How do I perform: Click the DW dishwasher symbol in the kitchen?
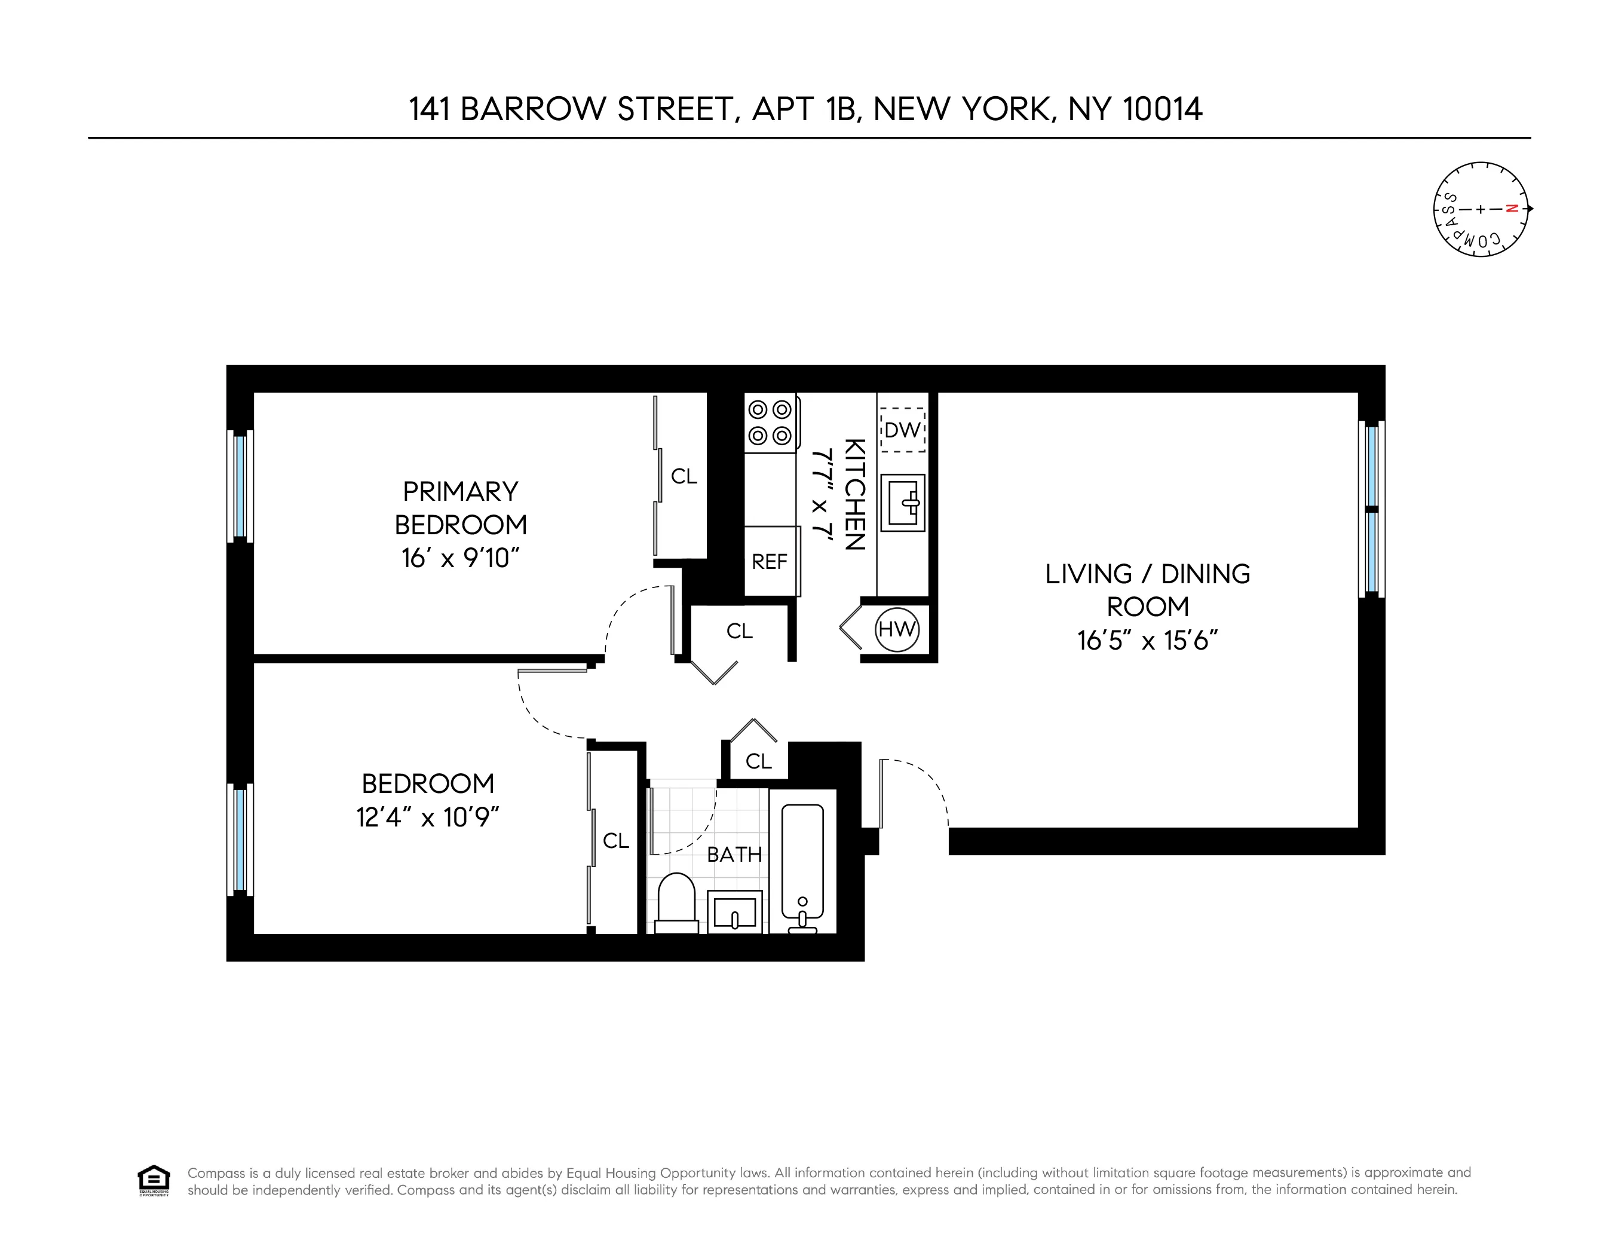coord(902,430)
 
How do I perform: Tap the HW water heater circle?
coord(897,630)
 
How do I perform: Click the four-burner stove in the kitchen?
coord(770,423)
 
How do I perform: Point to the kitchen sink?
coord(902,503)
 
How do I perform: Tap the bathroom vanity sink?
coord(734,911)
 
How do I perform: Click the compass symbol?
coord(1481,210)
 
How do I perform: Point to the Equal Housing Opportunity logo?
coord(154,1180)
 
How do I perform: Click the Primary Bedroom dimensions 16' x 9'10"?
coord(461,558)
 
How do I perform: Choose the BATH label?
coord(734,855)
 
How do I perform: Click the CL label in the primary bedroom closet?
coord(684,477)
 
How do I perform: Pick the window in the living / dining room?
coord(1371,509)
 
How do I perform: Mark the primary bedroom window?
coord(240,486)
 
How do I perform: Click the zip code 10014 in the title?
coord(1163,109)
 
